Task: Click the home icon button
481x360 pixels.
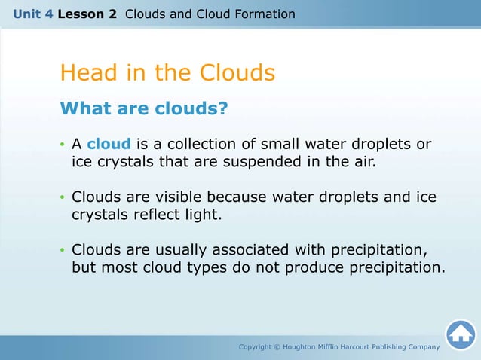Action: pos(460,334)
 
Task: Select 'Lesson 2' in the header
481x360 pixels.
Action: pos(87,14)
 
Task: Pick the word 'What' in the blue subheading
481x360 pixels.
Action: pos(84,109)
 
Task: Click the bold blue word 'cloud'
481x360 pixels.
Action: pos(109,144)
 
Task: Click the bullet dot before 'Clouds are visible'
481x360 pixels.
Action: pos(63,198)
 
